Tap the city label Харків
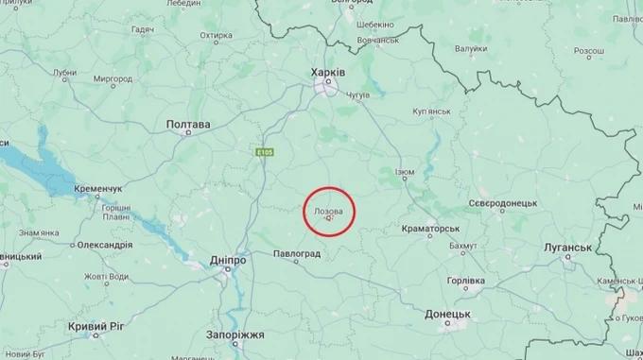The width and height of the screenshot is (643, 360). coord(328,72)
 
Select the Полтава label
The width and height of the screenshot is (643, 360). coord(188,124)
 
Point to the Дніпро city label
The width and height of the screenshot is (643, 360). coord(227,259)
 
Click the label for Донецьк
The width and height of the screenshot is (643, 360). coord(447,313)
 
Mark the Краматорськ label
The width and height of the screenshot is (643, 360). coord(430,229)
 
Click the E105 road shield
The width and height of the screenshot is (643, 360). coord(264,150)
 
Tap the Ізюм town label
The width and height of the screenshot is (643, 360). coord(404,172)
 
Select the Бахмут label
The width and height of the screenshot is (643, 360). coord(463,246)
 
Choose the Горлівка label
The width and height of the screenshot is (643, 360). coord(465,281)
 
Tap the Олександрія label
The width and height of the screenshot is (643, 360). coord(104,245)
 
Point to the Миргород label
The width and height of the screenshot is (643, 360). coord(113,78)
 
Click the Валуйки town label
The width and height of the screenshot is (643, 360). coord(470,47)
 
